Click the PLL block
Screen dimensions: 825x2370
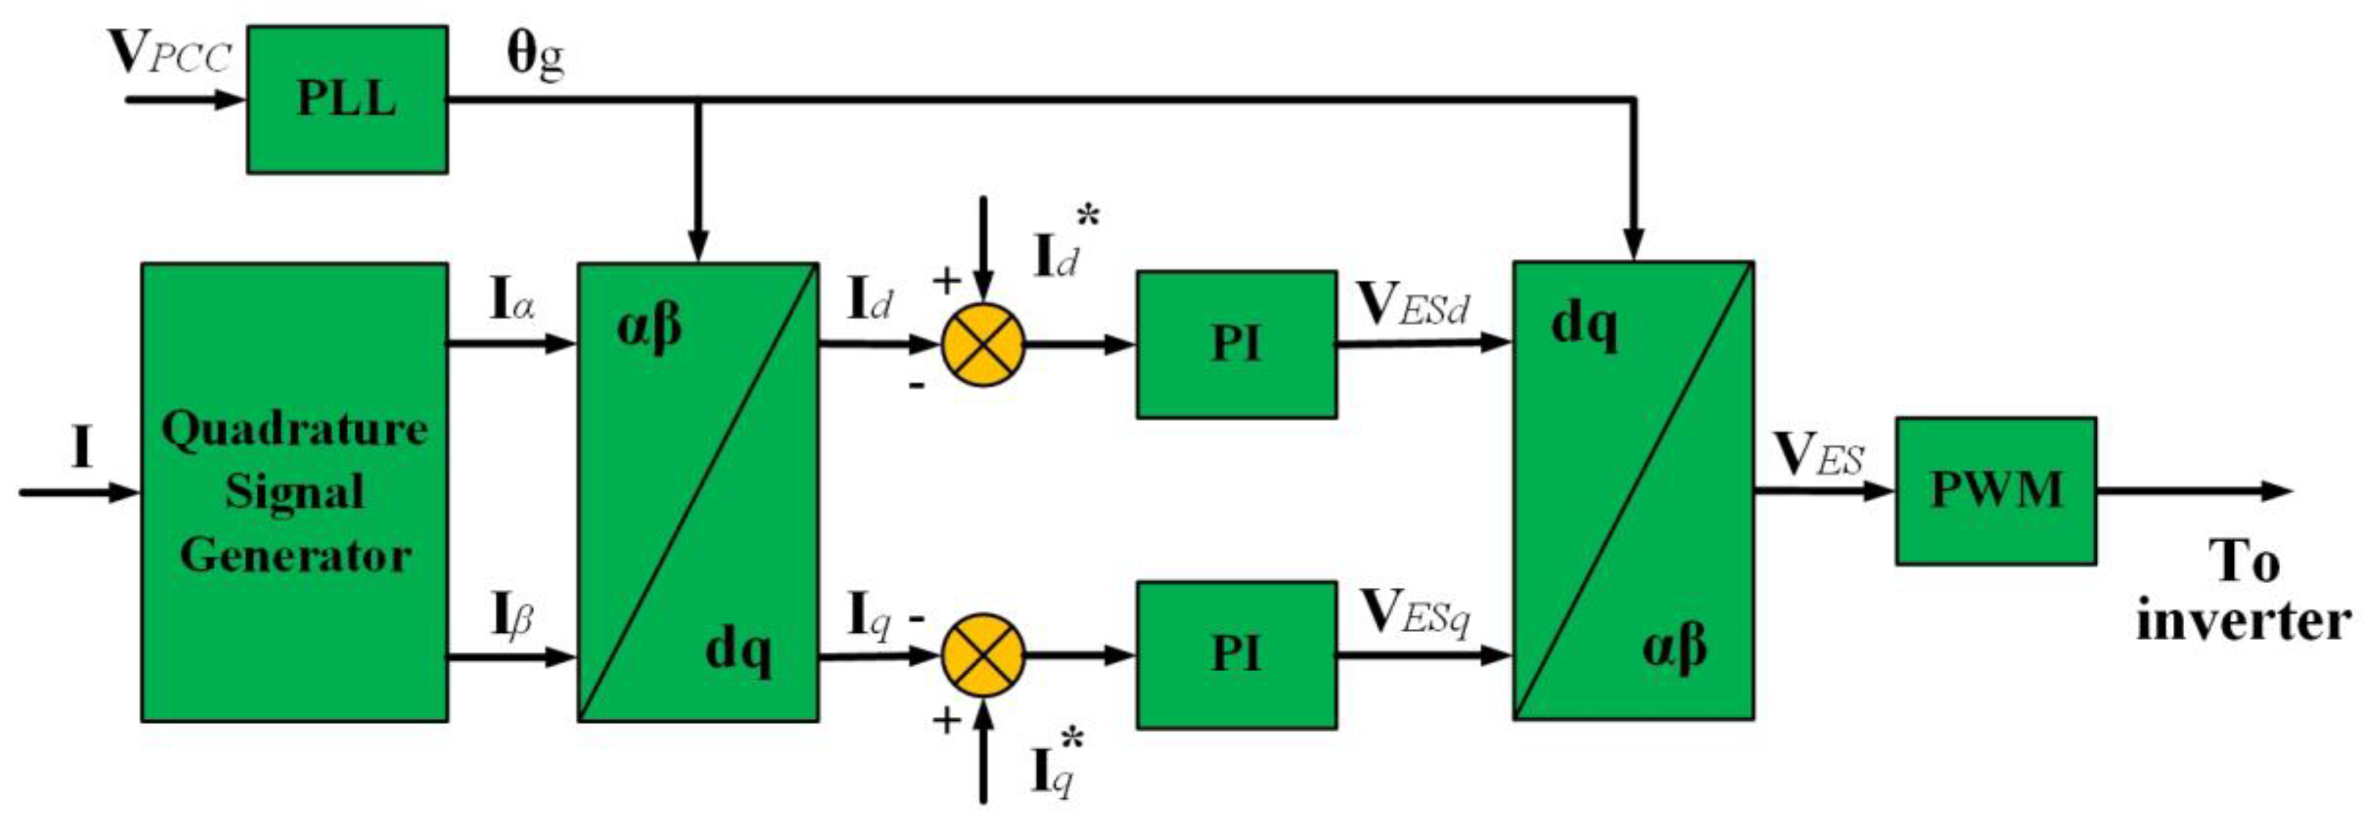(x=347, y=98)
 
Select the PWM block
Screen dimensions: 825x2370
(x=1994, y=490)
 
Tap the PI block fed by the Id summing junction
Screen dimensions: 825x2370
(x=1236, y=344)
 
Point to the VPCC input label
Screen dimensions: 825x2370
(x=170, y=55)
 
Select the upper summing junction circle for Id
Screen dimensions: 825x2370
(x=983, y=345)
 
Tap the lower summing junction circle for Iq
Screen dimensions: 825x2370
(x=983, y=655)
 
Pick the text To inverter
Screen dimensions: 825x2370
(x=2243, y=592)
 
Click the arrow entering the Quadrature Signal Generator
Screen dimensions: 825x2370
(x=78, y=492)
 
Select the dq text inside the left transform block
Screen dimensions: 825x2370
(x=738, y=651)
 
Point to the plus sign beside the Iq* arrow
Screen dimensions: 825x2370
(x=947, y=721)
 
